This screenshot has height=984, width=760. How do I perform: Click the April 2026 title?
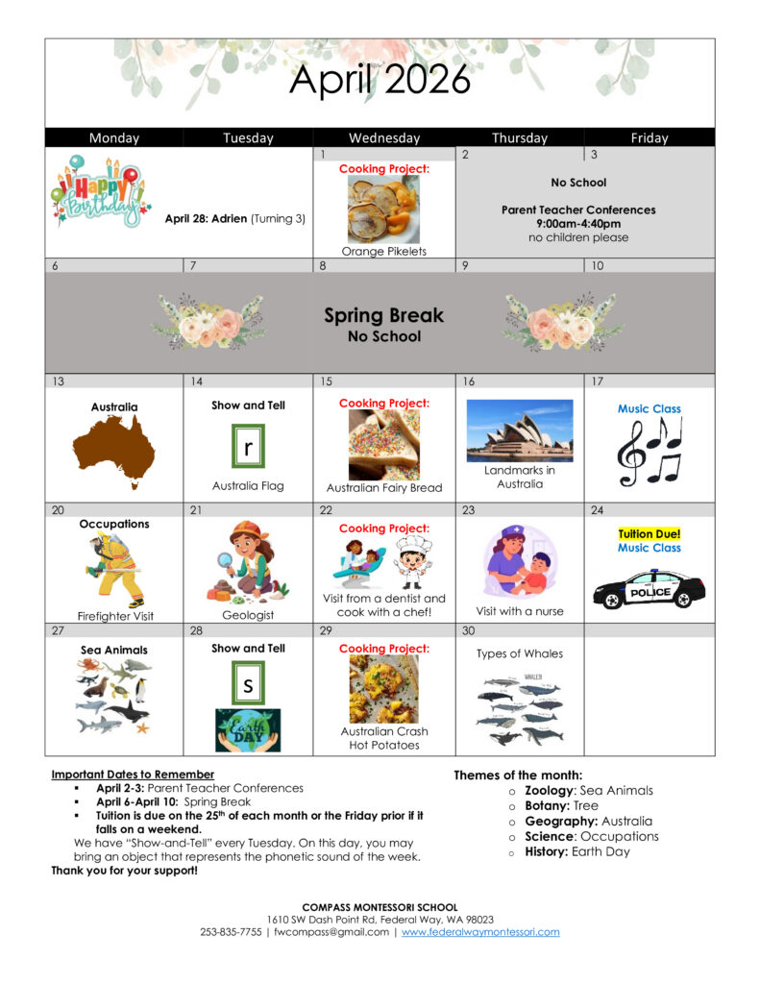[x=380, y=81]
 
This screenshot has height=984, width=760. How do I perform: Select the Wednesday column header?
[x=383, y=137]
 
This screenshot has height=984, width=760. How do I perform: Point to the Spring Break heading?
[x=383, y=315]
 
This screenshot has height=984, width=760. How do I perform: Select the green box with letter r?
[x=248, y=448]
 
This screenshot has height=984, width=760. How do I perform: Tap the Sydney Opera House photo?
[x=519, y=430]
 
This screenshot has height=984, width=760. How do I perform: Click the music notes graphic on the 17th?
[x=650, y=451]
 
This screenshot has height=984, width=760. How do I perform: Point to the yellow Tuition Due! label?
[x=650, y=533]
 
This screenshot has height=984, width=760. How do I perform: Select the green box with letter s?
[x=248, y=685]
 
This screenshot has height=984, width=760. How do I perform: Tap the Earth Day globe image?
[x=248, y=729]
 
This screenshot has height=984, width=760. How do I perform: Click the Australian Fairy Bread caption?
[x=383, y=488]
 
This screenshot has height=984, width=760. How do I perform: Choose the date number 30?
[x=469, y=630]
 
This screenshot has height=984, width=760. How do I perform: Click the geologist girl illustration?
[x=242, y=561]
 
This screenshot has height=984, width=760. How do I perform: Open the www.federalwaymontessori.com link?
[x=479, y=932]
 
